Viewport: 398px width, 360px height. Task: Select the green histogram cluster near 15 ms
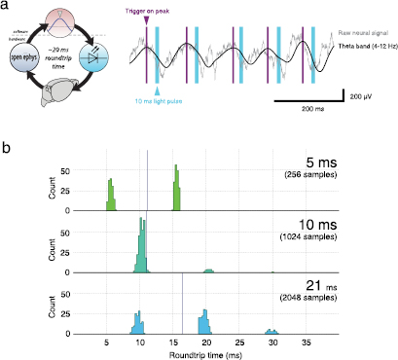[x=176, y=187]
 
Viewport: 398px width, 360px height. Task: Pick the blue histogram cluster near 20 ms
[x=203, y=322]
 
